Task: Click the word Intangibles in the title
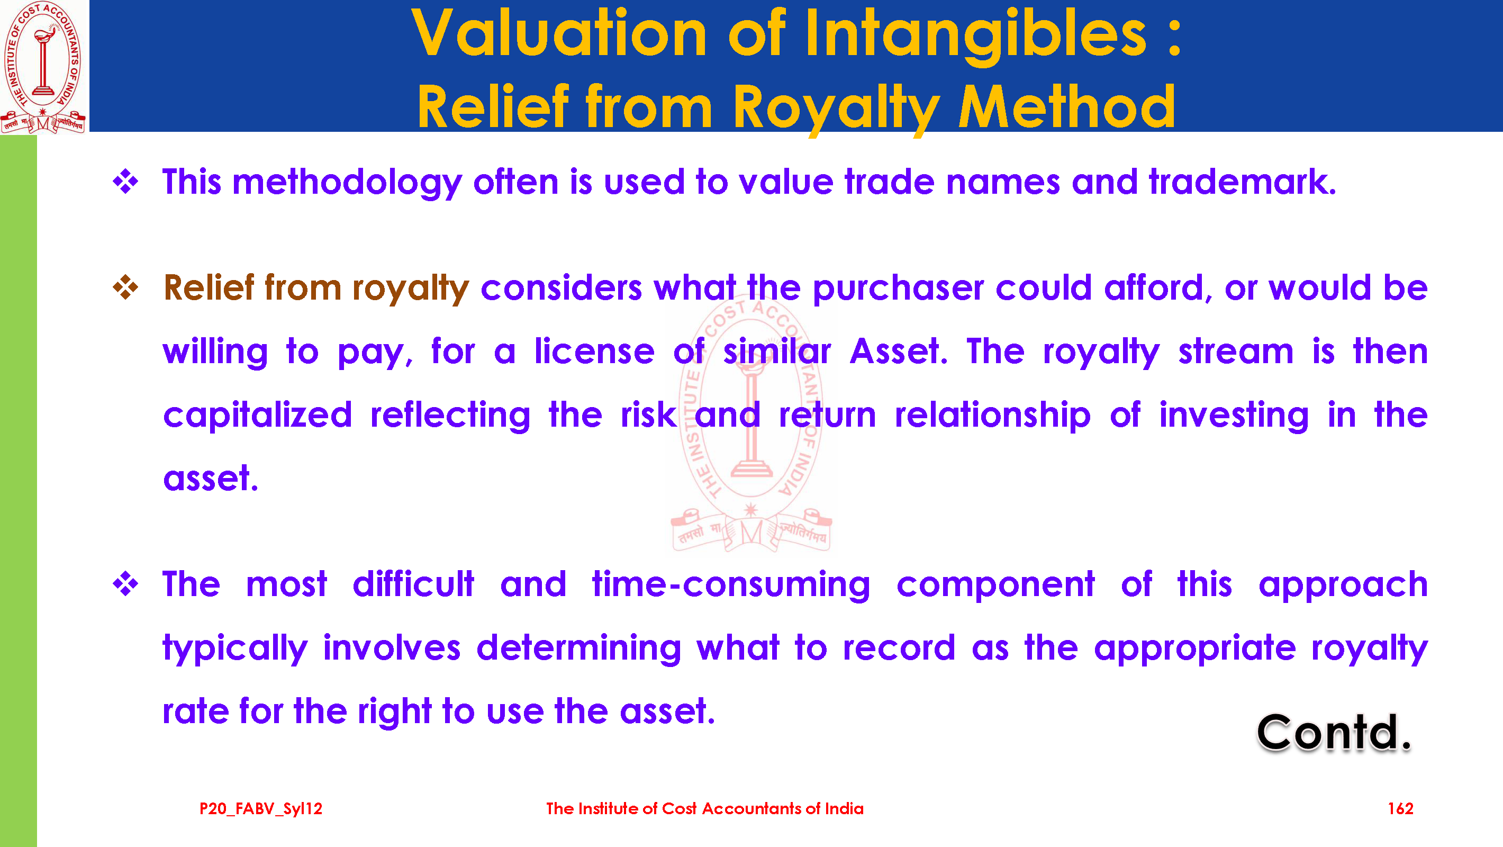point(975,35)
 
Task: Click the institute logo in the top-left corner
point(44,67)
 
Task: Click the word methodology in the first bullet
point(347,183)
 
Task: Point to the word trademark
point(1242,182)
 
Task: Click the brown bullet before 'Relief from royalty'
point(125,287)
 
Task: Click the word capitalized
point(257,416)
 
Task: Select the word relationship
point(992,416)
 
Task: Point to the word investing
point(1234,416)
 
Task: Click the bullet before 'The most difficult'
point(125,583)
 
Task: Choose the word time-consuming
point(731,585)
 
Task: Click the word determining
point(579,649)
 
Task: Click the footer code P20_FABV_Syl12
point(261,808)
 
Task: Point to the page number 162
point(1400,808)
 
